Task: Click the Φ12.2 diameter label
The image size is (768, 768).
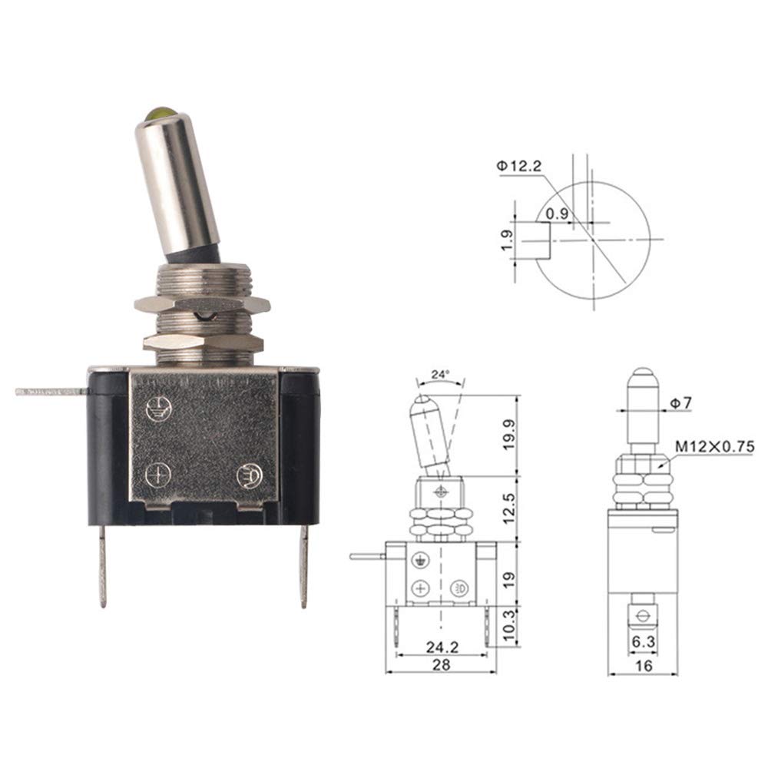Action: [x=519, y=167]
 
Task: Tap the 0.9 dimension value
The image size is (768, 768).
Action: [x=558, y=214]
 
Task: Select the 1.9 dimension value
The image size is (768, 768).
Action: [x=508, y=240]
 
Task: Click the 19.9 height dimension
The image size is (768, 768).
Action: [x=509, y=435]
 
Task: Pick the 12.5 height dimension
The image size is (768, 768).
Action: [x=509, y=508]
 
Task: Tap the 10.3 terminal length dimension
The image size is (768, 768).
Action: [x=509, y=625]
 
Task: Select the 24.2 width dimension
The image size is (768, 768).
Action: [x=442, y=647]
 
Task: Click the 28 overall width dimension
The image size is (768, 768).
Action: [x=441, y=664]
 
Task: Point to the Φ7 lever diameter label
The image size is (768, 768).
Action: [x=680, y=402]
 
